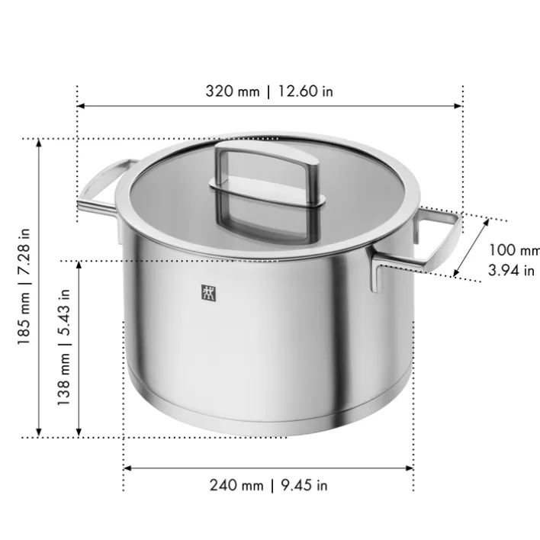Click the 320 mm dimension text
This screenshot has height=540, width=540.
point(233,92)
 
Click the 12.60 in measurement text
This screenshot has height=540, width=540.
point(305,92)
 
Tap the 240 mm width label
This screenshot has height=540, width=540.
point(236,485)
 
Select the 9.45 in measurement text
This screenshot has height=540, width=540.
point(302,485)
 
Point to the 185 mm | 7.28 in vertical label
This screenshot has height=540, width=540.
point(24,286)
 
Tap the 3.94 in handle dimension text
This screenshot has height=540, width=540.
point(510,270)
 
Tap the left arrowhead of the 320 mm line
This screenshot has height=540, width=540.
point(81,107)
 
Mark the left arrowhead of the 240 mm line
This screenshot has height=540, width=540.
point(127,468)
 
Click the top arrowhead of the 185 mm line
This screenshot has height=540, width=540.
point(40,143)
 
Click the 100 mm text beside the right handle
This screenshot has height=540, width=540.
point(513,250)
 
